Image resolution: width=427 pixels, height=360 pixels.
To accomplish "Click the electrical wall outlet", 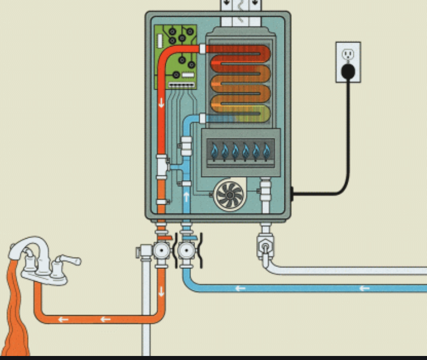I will (348, 61).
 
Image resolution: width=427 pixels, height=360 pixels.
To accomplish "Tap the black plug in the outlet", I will (348, 71).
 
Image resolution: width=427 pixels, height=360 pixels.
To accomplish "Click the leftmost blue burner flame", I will (215, 152).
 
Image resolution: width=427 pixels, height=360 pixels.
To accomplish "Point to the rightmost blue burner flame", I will (266, 152).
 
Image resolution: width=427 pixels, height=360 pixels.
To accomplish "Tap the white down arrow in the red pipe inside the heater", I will (162, 103).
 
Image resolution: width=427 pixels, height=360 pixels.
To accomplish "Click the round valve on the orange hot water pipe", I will (162, 251).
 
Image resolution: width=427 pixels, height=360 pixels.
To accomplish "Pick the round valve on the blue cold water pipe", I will (186, 251).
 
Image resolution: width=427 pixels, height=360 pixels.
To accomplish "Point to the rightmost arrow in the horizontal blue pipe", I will (364, 288).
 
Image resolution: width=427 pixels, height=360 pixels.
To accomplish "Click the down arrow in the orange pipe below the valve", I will (162, 290).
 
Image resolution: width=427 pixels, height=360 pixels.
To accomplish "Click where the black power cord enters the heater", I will (291, 194).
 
